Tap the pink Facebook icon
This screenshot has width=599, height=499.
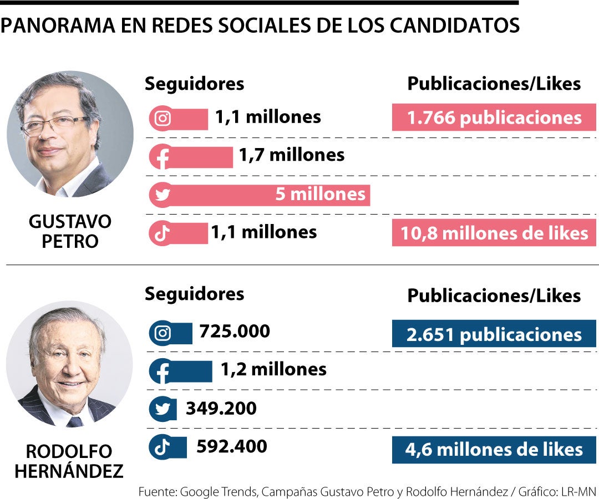click(x=163, y=157)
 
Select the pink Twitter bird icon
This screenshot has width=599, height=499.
click(x=163, y=195)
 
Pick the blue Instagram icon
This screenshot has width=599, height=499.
click(x=163, y=333)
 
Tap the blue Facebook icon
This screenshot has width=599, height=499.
click(x=163, y=371)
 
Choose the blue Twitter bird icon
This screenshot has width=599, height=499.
click(x=163, y=409)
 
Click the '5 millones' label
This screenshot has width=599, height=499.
click(x=320, y=194)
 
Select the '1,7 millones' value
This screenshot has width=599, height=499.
click(x=291, y=155)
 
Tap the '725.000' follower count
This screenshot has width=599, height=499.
click(x=235, y=332)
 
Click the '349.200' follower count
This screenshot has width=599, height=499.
click(x=221, y=409)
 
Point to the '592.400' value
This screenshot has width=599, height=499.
click(x=231, y=446)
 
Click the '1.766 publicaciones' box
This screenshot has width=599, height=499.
click(x=494, y=118)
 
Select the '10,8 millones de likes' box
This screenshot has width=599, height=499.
click(x=494, y=233)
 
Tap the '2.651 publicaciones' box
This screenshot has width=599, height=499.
click(x=494, y=334)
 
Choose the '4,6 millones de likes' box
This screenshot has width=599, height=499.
click(x=494, y=450)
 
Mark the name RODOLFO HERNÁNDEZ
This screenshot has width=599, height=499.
click(x=69, y=461)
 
